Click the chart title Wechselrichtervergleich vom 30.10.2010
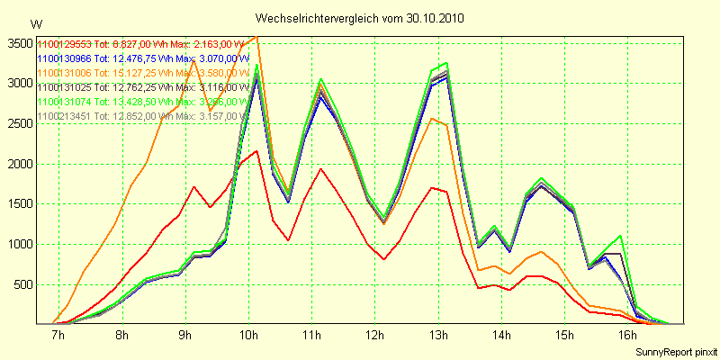click(x=360, y=18)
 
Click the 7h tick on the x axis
click(x=58, y=336)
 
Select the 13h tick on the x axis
click(x=439, y=336)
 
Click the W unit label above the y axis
click(x=36, y=24)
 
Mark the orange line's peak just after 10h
click(x=257, y=37)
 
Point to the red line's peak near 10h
click(x=256, y=151)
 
